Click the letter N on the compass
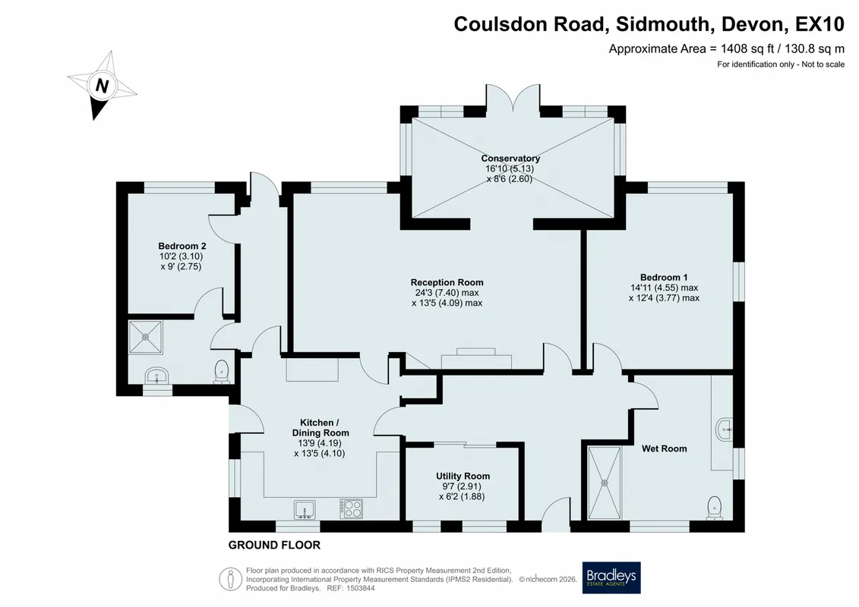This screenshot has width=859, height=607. click(102, 86)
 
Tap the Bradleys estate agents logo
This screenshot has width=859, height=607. click(611, 577)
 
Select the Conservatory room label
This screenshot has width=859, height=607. click(510, 158)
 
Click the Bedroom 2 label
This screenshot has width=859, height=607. click(182, 246)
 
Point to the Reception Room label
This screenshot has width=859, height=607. click(447, 282)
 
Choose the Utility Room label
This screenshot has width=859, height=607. click(463, 476)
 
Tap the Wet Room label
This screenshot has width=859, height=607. click(664, 449)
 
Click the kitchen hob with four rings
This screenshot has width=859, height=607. click(351, 509)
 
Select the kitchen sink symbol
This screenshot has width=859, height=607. click(305, 510)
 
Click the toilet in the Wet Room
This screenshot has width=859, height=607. click(715, 508)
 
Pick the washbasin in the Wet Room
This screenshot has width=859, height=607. click(725, 429)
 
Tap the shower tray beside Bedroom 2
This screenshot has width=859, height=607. click(146, 337)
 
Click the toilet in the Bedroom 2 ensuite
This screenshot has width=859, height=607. click(221, 371)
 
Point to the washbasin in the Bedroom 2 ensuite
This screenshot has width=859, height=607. click(157, 376)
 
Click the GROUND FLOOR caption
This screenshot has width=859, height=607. click(274, 545)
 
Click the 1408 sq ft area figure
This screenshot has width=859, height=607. click(747, 49)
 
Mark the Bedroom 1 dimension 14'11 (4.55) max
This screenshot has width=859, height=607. click(664, 288)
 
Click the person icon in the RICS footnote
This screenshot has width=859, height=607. click(231, 579)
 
